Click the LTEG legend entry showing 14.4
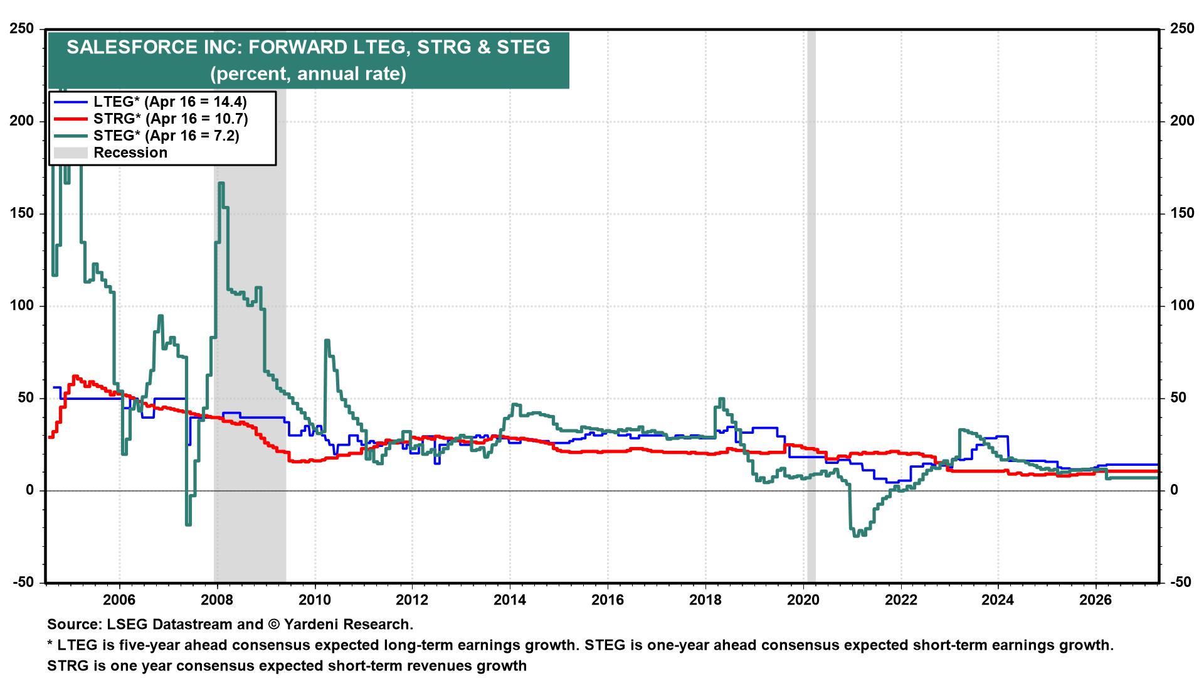[169, 102]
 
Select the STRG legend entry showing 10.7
[171, 119]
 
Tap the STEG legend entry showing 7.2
[166, 136]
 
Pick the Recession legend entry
[130, 153]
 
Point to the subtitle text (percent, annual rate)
[308, 74]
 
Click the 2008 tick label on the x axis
[217, 600]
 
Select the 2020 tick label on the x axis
[803, 600]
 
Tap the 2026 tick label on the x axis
[1096, 600]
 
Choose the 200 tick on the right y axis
[1182, 121]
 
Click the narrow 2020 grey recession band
[811, 314]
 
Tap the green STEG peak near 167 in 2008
[221, 183]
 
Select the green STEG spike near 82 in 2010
[327, 341]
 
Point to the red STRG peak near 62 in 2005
[75, 377]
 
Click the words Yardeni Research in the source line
[349, 625]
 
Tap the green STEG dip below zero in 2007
[188, 523]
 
